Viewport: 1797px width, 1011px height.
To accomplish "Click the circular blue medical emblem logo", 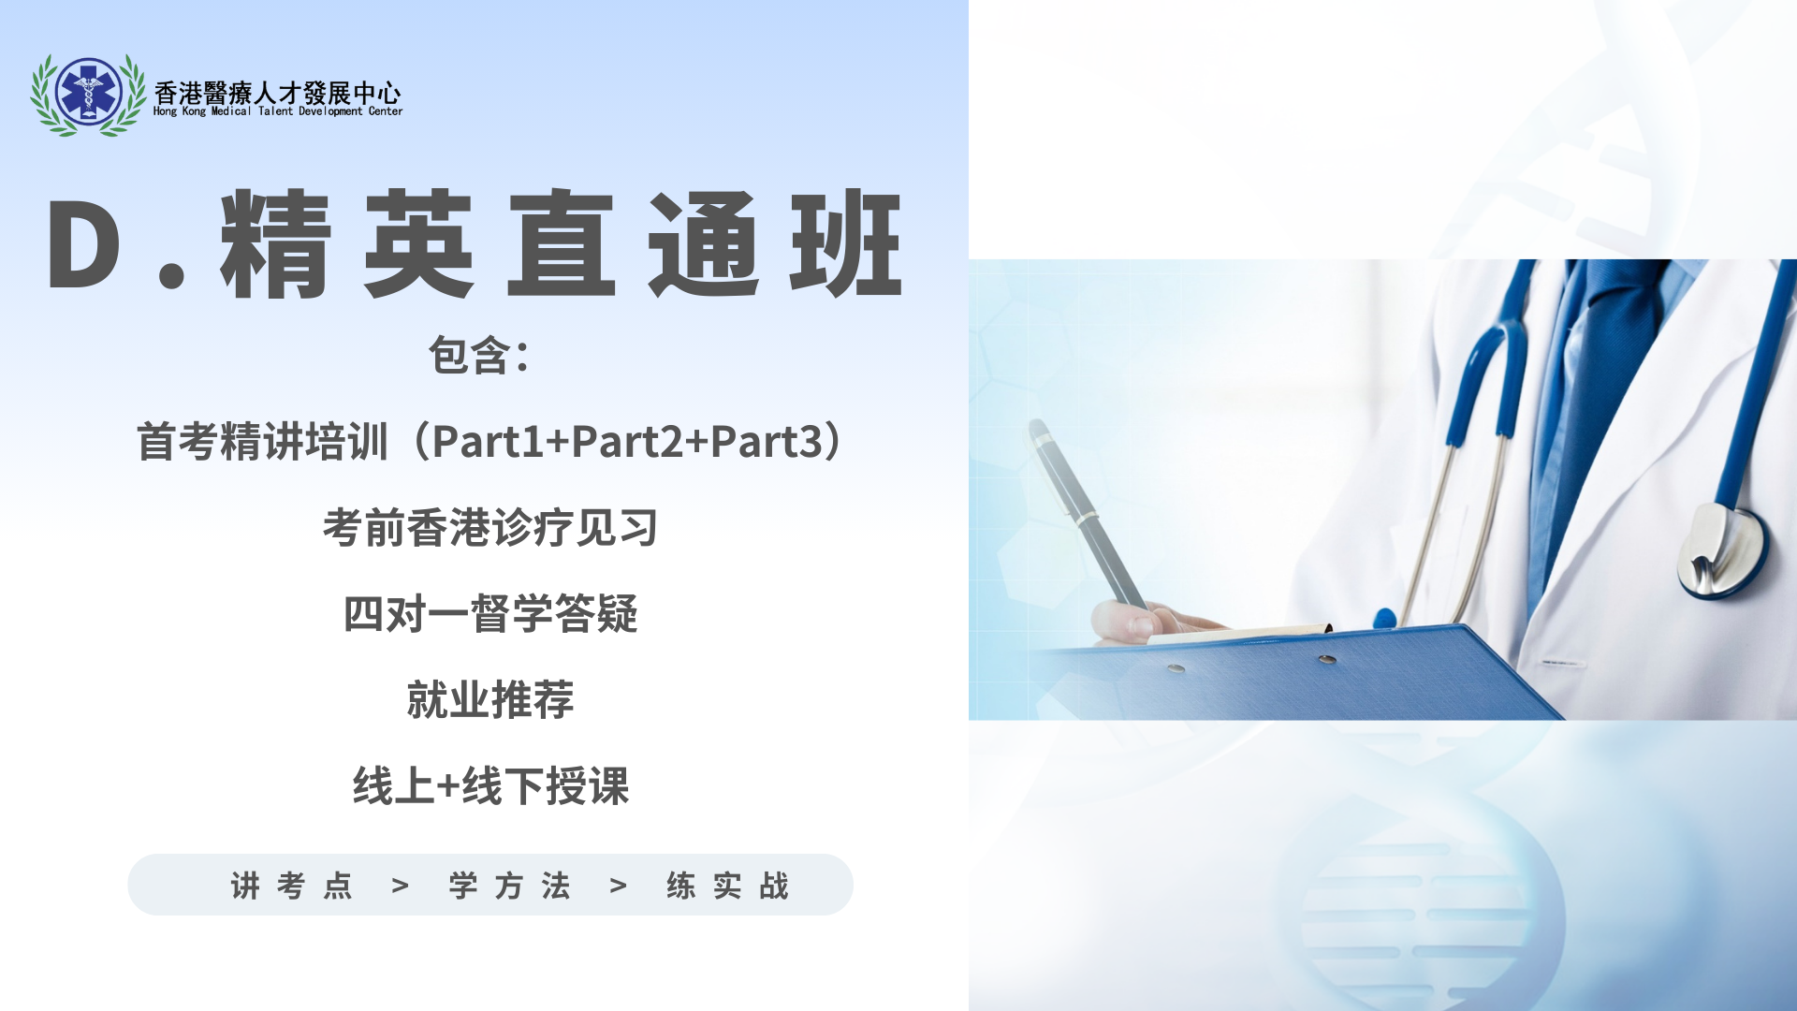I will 89,93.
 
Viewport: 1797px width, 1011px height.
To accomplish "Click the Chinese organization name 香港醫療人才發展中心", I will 277,92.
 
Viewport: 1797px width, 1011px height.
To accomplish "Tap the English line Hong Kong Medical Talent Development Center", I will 278,111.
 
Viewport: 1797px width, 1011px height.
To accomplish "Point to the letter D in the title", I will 84,245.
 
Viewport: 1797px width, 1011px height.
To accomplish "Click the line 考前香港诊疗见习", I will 490,528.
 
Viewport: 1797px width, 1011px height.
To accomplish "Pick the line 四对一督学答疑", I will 490,614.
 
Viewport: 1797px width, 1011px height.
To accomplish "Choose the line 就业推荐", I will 490,700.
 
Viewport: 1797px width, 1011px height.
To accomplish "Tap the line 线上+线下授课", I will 490,786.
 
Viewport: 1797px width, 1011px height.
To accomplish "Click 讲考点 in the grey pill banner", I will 292,886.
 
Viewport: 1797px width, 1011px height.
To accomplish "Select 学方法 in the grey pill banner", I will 510,886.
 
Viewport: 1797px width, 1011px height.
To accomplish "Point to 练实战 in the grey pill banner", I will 728,886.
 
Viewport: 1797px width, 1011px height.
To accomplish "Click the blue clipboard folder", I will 1310,674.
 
